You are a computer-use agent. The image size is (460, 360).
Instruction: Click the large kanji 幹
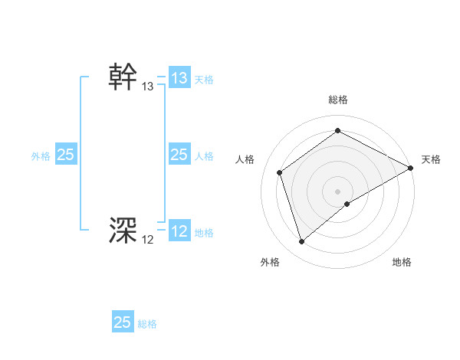coord(123,77)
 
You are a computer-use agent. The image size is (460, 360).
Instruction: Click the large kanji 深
coord(123,230)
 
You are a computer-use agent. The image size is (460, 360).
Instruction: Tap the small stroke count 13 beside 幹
coord(148,87)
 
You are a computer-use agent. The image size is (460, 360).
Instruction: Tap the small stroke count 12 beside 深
coord(148,240)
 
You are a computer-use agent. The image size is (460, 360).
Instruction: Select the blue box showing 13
coord(179,78)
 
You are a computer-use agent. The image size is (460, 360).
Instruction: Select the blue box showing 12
coord(179,231)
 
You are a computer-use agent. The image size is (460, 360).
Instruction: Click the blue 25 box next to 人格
coord(179,155)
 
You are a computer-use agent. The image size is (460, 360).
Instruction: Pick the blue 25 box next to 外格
coord(65,155)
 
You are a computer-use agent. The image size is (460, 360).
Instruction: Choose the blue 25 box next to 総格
coord(123,322)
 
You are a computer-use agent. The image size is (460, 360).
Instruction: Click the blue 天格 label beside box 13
coord(204,80)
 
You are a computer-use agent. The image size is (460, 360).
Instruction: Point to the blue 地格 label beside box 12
coord(204,233)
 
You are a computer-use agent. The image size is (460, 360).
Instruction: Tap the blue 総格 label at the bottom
coord(147,324)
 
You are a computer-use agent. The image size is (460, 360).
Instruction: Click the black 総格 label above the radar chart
coord(337,100)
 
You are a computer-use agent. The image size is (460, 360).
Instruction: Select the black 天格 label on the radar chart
coord(431,159)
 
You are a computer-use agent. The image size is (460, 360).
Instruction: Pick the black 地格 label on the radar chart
coord(402,262)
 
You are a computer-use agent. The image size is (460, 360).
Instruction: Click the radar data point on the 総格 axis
coord(337,131)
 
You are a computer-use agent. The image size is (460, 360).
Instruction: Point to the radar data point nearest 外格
coord(301,242)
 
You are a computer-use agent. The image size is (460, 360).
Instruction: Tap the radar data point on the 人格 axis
coord(280,172)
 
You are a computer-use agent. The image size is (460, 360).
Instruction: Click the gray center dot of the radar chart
coord(337,191)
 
